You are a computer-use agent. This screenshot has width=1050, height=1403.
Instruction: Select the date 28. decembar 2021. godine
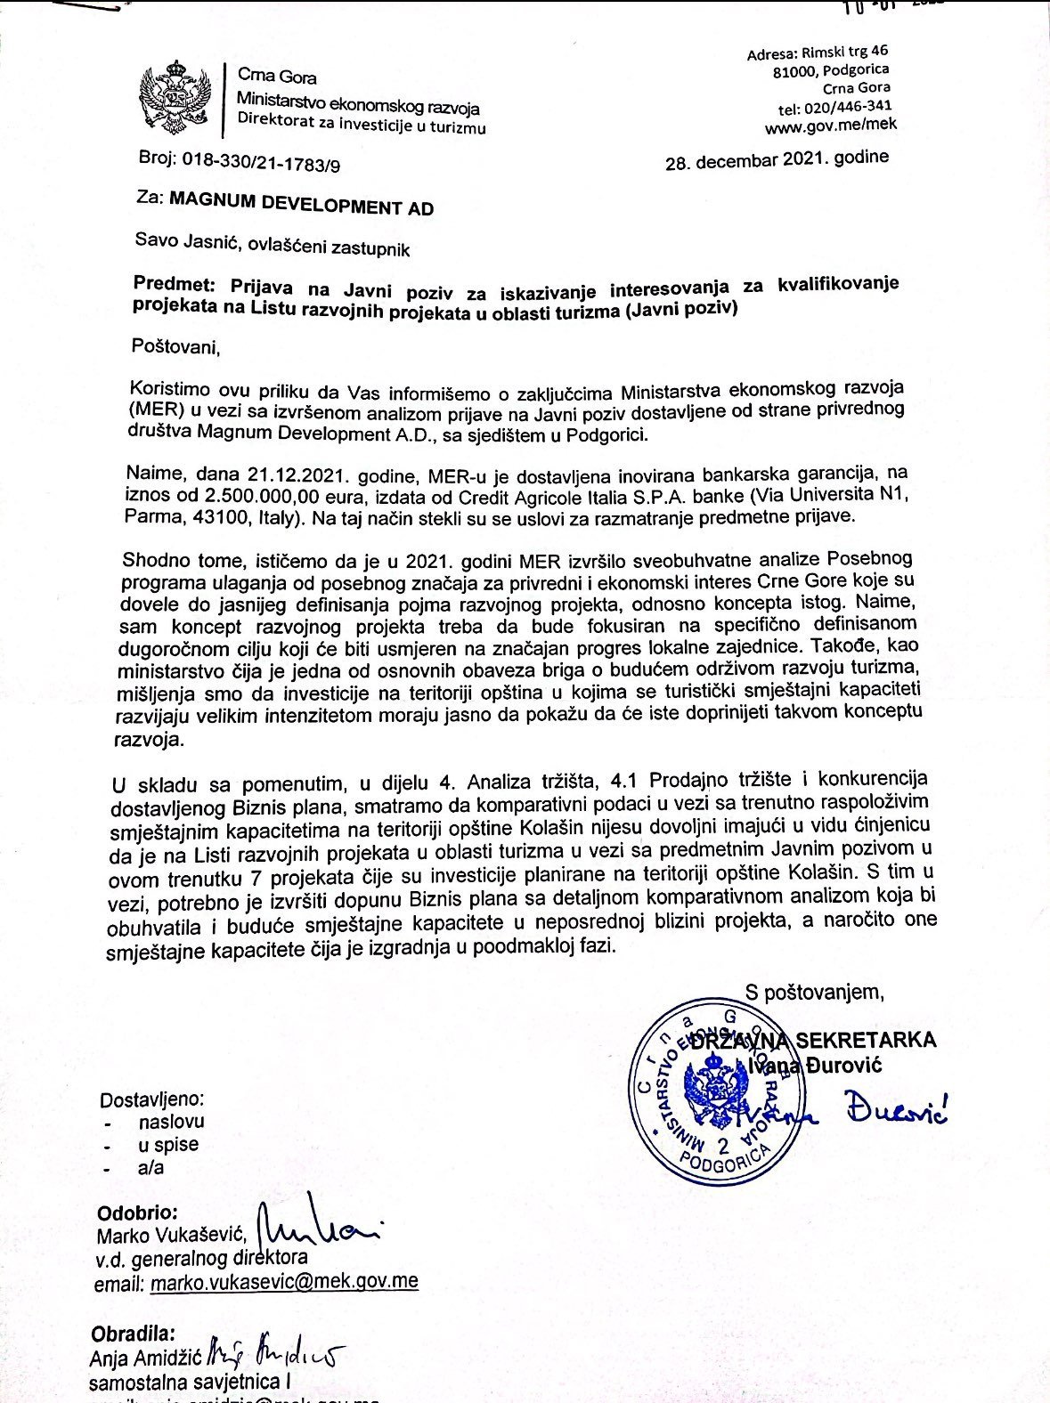coord(777,161)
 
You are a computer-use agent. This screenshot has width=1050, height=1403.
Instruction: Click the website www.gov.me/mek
coord(830,126)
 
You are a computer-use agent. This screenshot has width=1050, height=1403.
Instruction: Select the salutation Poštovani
coord(175,345)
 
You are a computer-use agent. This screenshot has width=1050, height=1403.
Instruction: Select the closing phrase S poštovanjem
coord(815,993)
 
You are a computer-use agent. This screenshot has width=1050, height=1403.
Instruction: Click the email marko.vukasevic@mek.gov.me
coord(284,1282)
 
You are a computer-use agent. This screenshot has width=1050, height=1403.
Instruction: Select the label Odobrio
coord(137,1213)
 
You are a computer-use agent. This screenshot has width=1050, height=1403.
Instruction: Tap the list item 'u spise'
coord(168,1145)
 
